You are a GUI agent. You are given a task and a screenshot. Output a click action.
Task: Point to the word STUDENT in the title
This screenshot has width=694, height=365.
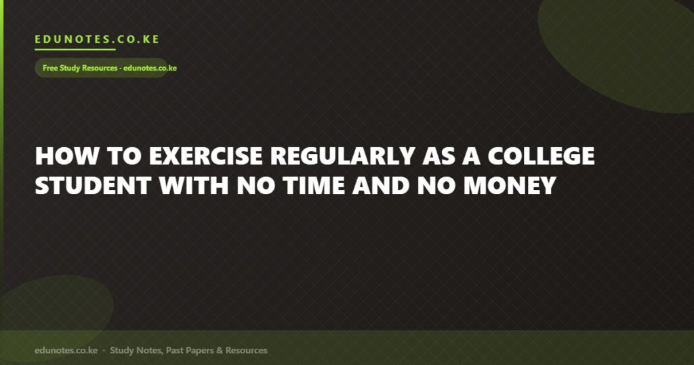click(93, 185)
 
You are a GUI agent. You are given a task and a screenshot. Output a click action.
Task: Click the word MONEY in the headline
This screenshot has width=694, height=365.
click(510, 185)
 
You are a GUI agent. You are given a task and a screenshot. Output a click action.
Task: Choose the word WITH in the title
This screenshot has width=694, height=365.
click(193, 185)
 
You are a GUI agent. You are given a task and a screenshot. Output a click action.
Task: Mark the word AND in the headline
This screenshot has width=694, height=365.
click(381, 185)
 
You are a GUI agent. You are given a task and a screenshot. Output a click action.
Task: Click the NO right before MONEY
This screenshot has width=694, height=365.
click(436, 185)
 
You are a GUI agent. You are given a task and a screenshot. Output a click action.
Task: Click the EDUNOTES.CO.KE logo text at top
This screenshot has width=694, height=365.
click(97, 39)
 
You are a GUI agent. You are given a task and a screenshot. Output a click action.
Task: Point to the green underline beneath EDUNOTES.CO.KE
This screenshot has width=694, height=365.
click(75, 50)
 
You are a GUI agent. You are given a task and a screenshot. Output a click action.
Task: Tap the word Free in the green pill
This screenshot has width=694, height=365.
click(50, 68)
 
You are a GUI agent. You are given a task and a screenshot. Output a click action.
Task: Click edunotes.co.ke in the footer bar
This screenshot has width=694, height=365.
click(66, 350)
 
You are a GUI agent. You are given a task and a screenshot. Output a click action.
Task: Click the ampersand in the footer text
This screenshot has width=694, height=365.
click(220, 350)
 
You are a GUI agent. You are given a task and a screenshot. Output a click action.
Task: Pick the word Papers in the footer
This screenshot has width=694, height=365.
click(200, 351)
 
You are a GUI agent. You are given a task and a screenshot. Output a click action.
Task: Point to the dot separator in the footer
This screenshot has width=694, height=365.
click(104, 350)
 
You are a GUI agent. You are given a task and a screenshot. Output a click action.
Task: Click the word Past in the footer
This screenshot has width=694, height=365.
click(174, 350)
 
